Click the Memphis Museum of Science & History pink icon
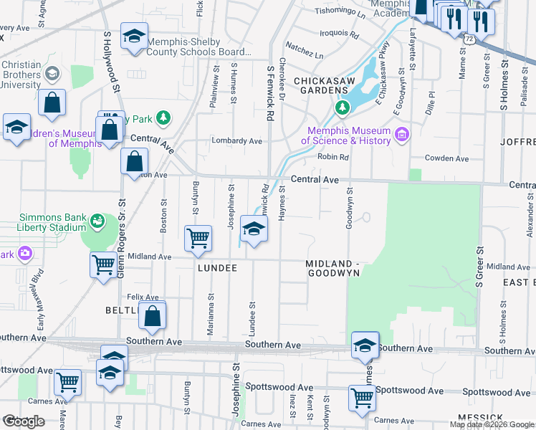click(401, 135)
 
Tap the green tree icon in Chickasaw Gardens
click(342, 109)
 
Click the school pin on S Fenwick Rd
click(253, 230)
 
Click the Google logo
click(23, 421)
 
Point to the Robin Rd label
click(332, 157)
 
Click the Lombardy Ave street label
click(236, 141)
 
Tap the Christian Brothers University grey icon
click(52, 74)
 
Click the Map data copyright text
click(492, 424)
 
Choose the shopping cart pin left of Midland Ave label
click(104, 264)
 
